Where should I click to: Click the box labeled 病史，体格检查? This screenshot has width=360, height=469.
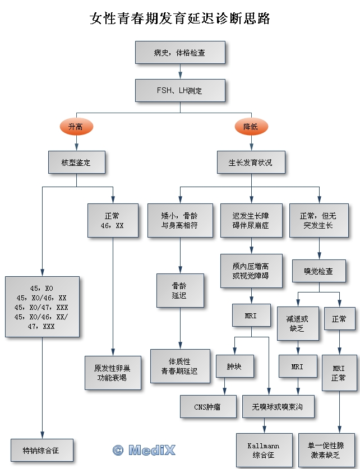click(x=180, y=53)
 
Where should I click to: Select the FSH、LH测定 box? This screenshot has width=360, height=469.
click(x=180, y=90)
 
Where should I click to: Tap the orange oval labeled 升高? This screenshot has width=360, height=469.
click(x=75, y=127)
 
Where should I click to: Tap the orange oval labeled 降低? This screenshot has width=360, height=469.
click(x=251, y=127)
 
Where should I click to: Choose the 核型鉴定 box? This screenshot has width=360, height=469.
click(x=76, y=162)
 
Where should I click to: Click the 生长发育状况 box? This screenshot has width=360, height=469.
click(x=251, y=162)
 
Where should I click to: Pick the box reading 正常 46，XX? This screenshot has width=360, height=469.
click(x=113, y=220)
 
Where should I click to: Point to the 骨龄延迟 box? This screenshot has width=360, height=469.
click(x=179, y=290)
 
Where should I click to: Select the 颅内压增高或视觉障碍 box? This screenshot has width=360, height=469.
click(x=251, y=271)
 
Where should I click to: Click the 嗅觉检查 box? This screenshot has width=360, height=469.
click(x=319, y=271)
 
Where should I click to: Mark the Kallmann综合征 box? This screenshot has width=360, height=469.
click(x=264, y=450)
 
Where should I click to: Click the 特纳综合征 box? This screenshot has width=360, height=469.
click(x=41, y=450)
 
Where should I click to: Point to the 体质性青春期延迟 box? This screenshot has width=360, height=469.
click(x=179, y=366)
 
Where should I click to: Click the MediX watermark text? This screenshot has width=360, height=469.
click(x=145, y=449)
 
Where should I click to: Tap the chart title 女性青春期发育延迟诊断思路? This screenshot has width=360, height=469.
click(x=180, y=18)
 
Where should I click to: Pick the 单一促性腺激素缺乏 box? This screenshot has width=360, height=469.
click(x=326, y=450)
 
